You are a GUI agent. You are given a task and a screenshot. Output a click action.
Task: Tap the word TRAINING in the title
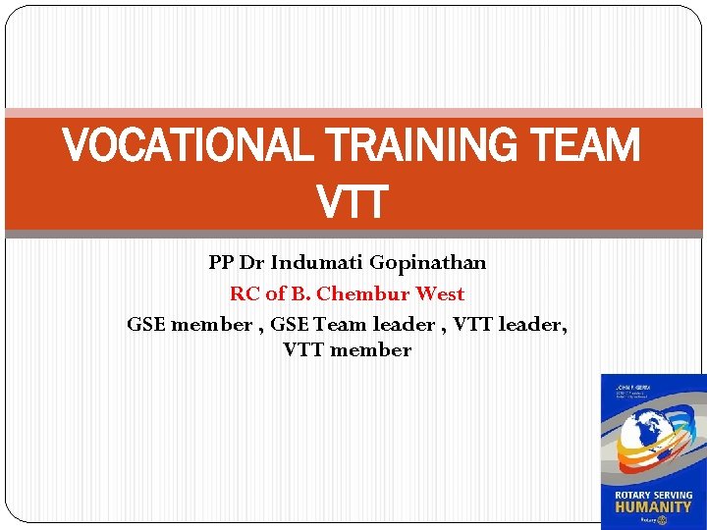click(x=418, y=148)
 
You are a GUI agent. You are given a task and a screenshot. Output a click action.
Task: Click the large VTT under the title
click(x=353, y=204)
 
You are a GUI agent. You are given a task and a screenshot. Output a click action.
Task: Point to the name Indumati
click(x=317, y=263)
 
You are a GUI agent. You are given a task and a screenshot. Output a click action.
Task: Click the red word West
click(x=440, y=293)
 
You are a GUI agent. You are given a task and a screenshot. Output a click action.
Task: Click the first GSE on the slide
click(x=146, y=324)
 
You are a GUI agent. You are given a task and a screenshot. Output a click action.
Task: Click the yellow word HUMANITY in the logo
click(x=653, y=506)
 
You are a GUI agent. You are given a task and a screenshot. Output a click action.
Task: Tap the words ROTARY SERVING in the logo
click(x=653, y=494)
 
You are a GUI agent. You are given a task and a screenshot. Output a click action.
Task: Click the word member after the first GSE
click(x=211, y=324)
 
